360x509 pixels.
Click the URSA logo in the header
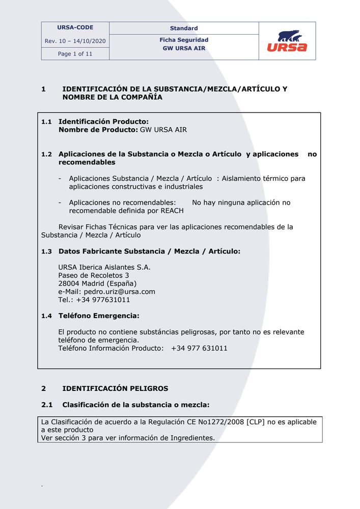(x=287, y=41)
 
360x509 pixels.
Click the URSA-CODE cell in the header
(x=75, y=27)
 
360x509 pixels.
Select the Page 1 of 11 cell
(x=75, y=54)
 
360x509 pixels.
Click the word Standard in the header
(x=184, y=29)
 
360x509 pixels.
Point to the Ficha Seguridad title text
(x=184, y=40)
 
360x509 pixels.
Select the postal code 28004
(x=69, y=284)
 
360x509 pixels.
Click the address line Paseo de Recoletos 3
(x=94, y=275)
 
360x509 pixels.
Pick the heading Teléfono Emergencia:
(x=99, y=316)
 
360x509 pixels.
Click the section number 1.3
(x=46, y=251)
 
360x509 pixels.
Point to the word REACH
(x=172, y=211)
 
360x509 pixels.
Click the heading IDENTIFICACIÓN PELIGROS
(x=115, y=388)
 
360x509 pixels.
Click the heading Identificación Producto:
(x=103, y=122)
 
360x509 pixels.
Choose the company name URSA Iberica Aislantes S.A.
(x=104, y=267)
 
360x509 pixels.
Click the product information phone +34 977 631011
(x=199, y=349)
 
